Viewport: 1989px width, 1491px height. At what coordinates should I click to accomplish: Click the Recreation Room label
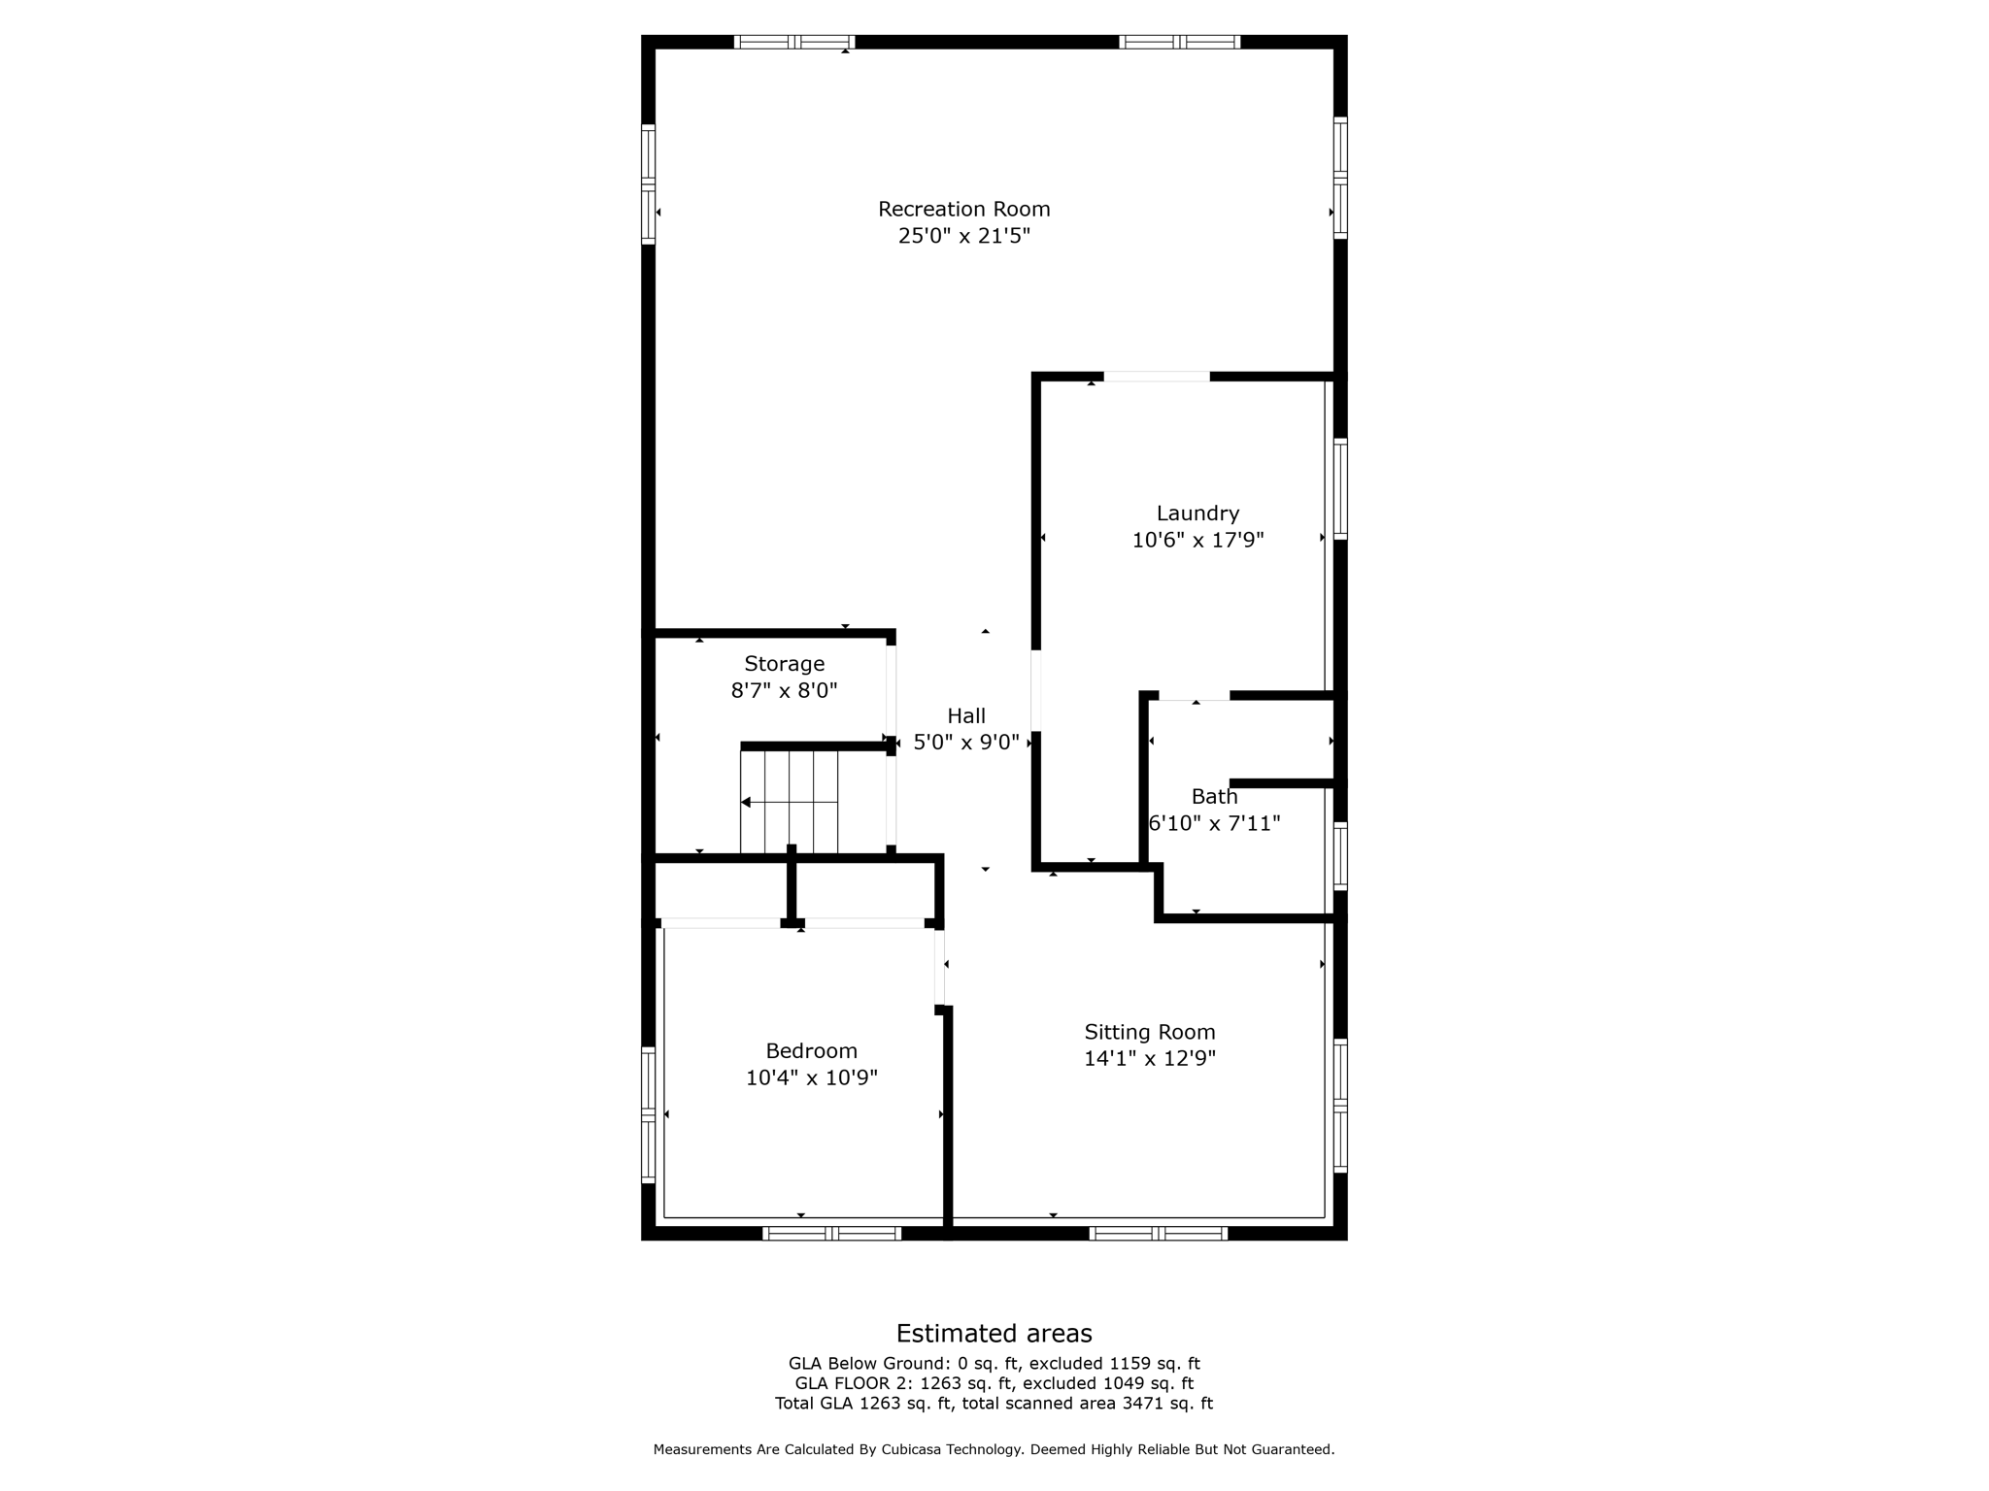[963, 209]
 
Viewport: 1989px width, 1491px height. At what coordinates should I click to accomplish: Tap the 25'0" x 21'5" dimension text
[963, 236]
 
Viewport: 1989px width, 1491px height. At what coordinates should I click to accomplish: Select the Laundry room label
[1197, 514]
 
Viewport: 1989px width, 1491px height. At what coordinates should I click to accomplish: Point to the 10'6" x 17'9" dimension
[1197, 541]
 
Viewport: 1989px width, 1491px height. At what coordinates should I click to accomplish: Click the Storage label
[784, 664]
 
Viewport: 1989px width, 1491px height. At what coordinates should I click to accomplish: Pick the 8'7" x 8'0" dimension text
[784, 691]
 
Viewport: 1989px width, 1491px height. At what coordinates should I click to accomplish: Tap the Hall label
[965, 716]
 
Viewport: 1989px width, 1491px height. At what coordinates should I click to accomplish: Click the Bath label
[1214, 797]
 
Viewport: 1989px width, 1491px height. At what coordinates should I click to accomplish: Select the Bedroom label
[811, 1051]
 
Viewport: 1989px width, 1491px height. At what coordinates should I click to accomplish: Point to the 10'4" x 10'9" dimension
[811, 1078]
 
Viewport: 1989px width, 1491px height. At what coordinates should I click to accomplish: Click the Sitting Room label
[1149, 1033]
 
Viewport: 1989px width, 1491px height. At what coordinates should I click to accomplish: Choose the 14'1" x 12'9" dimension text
[1149, 1059]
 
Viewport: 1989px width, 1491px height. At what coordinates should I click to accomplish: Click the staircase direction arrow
[746, 802]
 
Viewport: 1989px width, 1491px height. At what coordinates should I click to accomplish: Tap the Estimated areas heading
[994, 1334]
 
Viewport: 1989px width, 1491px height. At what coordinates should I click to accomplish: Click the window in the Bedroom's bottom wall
[831, 1234]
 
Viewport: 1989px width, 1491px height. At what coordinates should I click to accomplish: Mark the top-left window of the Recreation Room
[793, 42]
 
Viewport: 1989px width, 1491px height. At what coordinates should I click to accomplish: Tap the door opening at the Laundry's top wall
[1157, 377]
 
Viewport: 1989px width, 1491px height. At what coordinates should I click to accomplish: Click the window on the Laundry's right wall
[1340, 488]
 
